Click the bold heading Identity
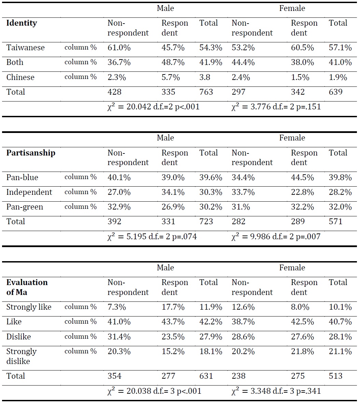pyautogui.click(x=22, y=23)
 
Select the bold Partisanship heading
pyautogui.click(x=31, y=153)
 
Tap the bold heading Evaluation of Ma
pyautogui.click(x=27, y=287)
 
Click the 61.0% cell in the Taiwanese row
pyautogui.click(x=119, y=48)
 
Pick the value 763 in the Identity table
pyautogui.click(x=206, y=92)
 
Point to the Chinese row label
pyautogui.click(x=20, y=77)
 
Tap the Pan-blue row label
pyautogui.click(x=22, y=177)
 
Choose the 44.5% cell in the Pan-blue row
pyautogui.click(x=302, y=177)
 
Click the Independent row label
pyautogui.click(x=29, y=192)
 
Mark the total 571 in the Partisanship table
pyautogui.click(x=335, y=221)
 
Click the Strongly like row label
pyautogui.click(x=29, y=307)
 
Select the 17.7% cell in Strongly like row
pyautogui.click(x=173, y=307)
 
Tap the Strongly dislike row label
pyautogui.click(x=22, y=356)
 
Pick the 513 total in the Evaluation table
pyautogui.click(x=335, y=376)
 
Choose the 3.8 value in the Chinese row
pyautogui.click(x=205, y=77)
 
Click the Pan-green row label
pyautogui.click(x=25, y=207)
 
